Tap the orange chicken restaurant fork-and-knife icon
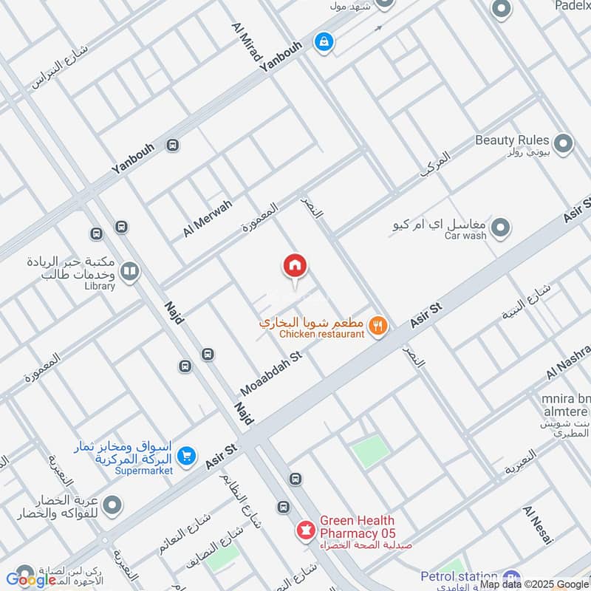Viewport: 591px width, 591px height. [378, 325]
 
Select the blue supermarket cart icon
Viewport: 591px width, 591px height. [186, 457]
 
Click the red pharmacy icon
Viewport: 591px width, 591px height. [304, 529]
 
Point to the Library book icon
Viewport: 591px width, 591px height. [129, 272]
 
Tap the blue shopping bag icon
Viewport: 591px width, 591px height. [324, 42]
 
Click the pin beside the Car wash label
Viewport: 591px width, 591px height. [501, 228]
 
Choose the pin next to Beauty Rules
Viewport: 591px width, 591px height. [564, 144]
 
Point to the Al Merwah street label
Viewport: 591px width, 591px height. [208, 218]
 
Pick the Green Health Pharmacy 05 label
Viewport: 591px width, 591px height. [358, 527]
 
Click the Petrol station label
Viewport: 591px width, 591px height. [459, 576]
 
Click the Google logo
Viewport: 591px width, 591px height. [31, 580]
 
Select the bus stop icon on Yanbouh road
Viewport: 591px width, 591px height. [173, 145]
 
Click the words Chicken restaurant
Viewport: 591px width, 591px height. [322, 335]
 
